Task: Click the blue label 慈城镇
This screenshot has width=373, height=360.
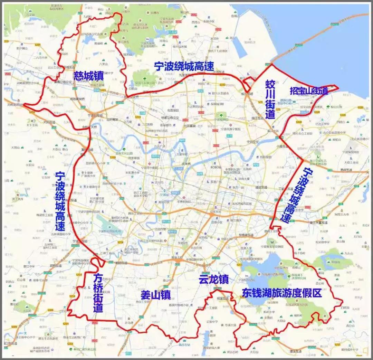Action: [88, 76]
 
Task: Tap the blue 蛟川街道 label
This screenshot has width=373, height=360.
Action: [270, 99]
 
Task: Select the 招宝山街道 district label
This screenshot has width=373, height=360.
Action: [308, 91]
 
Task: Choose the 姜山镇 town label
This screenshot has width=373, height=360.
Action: [156, 295]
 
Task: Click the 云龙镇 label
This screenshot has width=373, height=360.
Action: [213, 280]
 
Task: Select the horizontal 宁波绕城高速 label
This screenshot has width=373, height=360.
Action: [184, 66]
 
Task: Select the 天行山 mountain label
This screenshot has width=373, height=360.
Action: [255, 352]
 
